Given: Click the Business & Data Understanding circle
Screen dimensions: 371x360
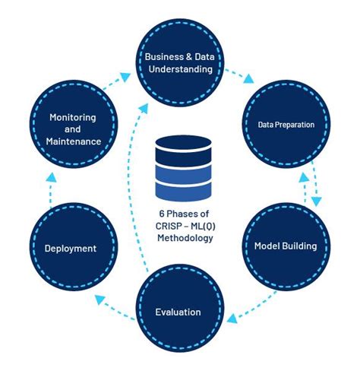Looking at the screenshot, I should (179, 62).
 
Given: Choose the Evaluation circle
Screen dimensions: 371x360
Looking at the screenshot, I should (178, 311).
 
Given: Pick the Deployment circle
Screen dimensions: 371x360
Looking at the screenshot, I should (70, 248).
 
